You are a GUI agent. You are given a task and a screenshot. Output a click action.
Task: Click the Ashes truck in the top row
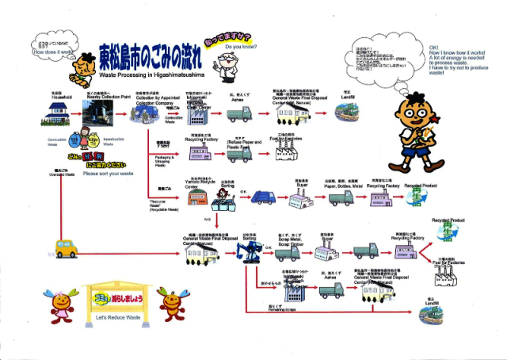(x=241, y=115)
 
